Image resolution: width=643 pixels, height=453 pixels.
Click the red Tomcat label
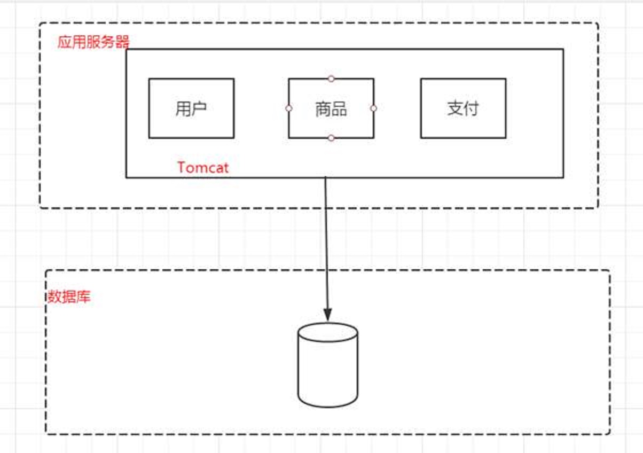(x=203, y=168)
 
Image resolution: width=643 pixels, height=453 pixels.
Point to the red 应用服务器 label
(x=93, y=42)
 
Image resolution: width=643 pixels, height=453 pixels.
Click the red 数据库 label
(x=69, y=297)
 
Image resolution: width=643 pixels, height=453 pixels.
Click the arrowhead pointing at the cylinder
(x=327, y=315)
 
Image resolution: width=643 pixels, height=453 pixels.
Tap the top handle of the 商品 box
(x=331, y=79)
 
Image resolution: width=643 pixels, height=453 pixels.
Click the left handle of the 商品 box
(x=288, y=108)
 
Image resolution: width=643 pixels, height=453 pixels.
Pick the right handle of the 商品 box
(x=374, y=108)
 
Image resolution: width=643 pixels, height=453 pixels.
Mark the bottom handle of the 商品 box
(x=331, y=138)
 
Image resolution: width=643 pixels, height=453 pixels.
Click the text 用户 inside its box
(x=191, y=109)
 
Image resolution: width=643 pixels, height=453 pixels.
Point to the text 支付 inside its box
(x=463, y=108)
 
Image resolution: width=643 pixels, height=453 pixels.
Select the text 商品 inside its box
(x=331, y=109)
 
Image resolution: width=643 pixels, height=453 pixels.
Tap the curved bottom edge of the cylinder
(x=327, y=405)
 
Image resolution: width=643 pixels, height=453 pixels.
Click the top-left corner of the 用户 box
(x=149, y=79)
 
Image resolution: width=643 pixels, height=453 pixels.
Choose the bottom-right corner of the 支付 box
(x=505, y=138)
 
